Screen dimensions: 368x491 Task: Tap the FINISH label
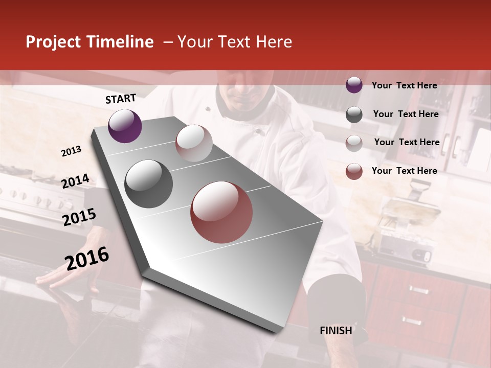(x=336, y=331)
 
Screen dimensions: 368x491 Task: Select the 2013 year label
(x=71, y=151)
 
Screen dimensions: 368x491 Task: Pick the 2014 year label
(x=75, y=181)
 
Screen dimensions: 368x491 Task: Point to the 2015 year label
(x=79, y=217)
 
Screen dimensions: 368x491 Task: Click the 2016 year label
(x=87, y=258)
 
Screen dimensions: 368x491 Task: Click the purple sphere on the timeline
(x=125, y=126)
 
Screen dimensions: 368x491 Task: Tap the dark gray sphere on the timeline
(x=149, y=184)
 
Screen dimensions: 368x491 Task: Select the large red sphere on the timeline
(x=221, y=212)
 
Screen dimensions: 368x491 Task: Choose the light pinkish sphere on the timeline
(x=194, y=143)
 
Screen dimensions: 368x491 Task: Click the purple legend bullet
(x=354, y=85)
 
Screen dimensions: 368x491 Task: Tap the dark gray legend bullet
(x=354, y=114)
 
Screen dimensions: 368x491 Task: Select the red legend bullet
(x=354, y=171)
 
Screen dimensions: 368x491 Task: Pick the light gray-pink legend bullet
(x=354, y=143)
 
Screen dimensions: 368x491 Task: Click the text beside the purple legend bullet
(x=404, y=85)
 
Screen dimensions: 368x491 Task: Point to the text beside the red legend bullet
(x=404, y=171)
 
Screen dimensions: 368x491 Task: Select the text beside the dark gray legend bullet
(x=406, y=114)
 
